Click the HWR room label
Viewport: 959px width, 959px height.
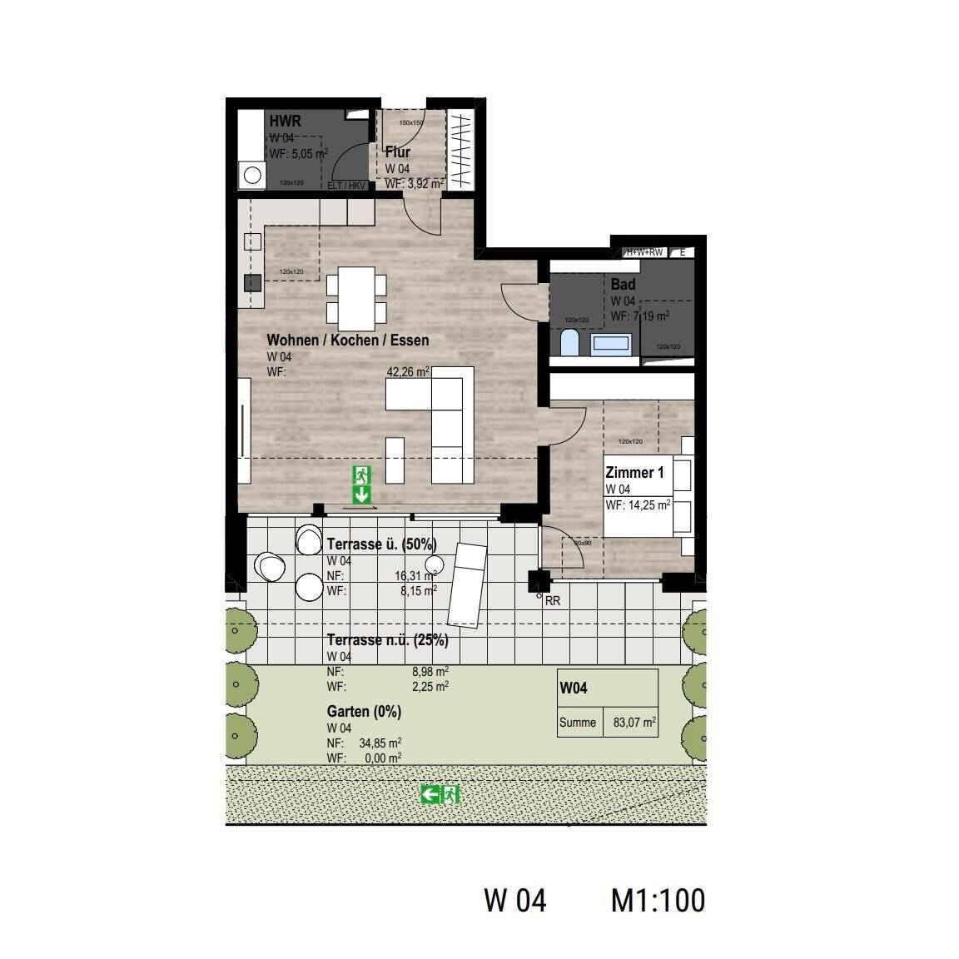[284, 122]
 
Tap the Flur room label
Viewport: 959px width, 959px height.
[397, 152]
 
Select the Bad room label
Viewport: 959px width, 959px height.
[623, 285]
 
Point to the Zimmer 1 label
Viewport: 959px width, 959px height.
[634, 473]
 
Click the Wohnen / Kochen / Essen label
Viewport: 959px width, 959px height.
[348, 340]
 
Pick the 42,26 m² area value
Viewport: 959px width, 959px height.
[408, 372]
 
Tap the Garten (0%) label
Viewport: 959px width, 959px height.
[364, 712]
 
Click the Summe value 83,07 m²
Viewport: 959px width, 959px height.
[634, 723]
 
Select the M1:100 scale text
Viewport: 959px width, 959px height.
[658, 900]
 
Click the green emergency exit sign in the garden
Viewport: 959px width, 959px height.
[440, 794]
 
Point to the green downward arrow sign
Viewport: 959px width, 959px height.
[362, 494]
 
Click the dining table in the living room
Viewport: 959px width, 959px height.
[356, 298]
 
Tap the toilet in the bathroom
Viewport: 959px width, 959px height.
[570, 342]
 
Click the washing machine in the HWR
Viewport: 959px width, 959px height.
[251, 175]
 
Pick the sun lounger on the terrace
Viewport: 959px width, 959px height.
[466, 582]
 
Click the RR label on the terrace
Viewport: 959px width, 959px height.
[552, 599]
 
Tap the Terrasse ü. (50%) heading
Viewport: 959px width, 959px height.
[381, 544]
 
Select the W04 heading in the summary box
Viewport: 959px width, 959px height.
[574, 688]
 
